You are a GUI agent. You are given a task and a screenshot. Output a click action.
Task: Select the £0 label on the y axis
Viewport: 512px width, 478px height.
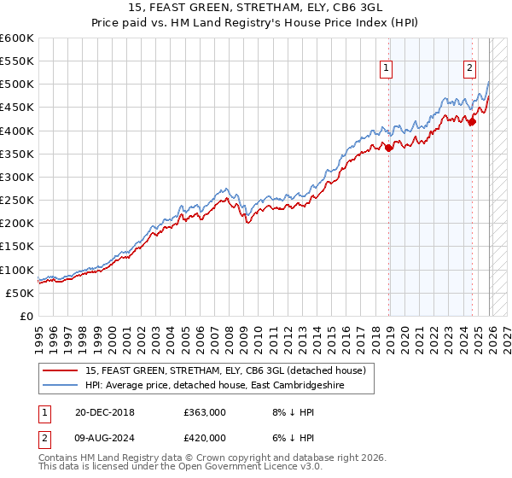[x=26, y=316]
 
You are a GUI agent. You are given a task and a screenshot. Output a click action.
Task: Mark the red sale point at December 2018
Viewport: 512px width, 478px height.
[x=389, y=148]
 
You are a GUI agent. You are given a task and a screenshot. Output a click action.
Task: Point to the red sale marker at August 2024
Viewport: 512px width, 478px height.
[x=472, y=121]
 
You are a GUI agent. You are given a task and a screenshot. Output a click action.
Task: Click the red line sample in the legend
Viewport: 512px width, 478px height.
[x=61, y=370]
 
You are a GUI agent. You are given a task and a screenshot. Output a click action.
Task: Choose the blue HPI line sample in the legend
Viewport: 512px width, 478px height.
[x=61, y=386]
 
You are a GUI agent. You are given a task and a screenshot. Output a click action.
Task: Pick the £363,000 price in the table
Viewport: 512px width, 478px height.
[x=204, y=412]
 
